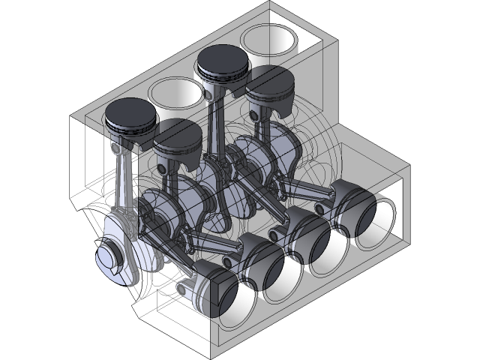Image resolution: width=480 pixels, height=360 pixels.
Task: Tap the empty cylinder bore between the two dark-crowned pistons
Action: click(176, 93)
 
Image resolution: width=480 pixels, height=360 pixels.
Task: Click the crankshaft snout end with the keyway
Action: click(111, 257)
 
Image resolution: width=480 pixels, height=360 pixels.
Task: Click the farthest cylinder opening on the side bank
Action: click(373, 222)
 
